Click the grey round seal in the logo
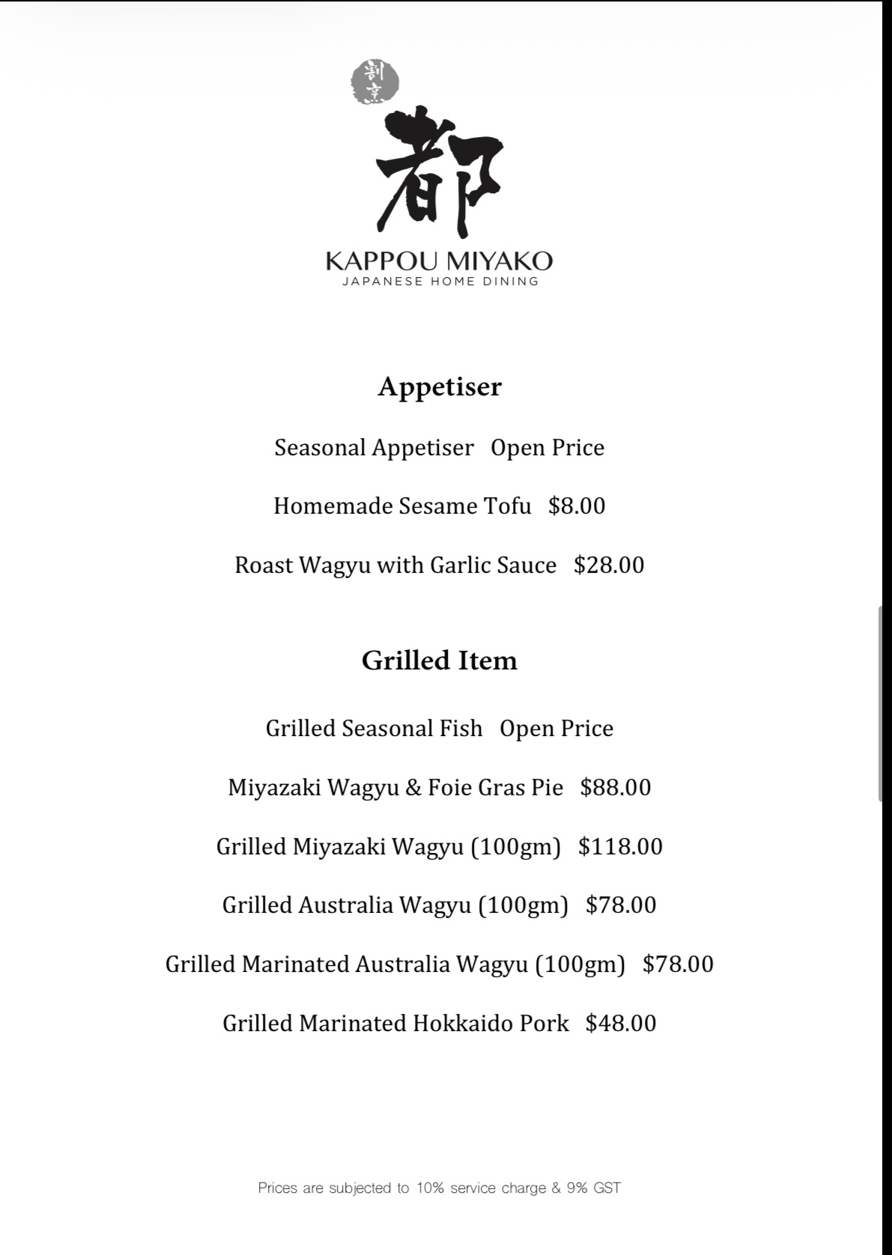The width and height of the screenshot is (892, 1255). [x=374, y=82]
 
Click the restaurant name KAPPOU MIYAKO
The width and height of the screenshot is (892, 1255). [x=440, y=261]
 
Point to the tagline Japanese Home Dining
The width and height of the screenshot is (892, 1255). [x=440, y=282]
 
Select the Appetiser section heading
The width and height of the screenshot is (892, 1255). [x=440, y=387]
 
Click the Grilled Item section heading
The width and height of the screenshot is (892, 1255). [x=440, y=660]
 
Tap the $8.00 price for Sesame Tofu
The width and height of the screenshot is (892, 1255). [x=577, y=506]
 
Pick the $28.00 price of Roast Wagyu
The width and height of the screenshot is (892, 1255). [x=609, y=565]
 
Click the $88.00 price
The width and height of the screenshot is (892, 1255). [x=616, y=788]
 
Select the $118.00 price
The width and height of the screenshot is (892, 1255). [x=620, y=847]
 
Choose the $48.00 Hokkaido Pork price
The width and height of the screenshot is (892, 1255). [x=621, y=1024]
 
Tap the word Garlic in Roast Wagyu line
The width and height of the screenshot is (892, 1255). [x=456, y=565]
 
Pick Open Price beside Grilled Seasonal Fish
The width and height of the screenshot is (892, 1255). [x=556, y=729]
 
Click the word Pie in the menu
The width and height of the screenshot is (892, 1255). [x=547, y=788]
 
